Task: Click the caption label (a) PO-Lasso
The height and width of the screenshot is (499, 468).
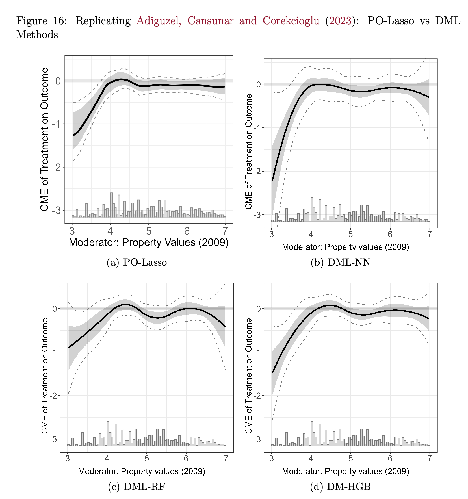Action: [x=137, y=262]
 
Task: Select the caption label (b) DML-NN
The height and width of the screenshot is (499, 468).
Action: [x=341, y=262]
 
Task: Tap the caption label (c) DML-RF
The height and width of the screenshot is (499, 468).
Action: [x=137, y=487]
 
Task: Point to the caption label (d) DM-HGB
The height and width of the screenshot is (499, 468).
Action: [x=340, y=487]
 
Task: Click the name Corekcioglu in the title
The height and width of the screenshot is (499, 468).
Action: [x=291, y=21]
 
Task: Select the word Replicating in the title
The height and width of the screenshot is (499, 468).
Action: [x=103, y=21]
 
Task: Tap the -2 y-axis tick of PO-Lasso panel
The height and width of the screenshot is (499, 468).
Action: [x=58, y=167]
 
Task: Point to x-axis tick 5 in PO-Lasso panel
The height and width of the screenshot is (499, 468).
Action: [x=149, y=231]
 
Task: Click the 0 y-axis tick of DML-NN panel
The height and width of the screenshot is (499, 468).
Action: [x=258, y=84]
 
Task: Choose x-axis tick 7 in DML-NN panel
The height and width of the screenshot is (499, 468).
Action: [x=430, y=234]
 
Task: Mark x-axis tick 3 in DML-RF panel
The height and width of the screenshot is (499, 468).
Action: [x=68, y=459]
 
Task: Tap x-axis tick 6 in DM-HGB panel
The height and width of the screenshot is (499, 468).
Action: [x=390, y=459]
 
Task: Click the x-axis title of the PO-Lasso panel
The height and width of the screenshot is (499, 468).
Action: [x=149, y=242]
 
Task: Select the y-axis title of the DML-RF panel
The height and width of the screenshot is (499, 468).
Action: [x=45, y=376]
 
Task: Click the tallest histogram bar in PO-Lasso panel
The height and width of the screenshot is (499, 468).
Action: [x=111, y=205]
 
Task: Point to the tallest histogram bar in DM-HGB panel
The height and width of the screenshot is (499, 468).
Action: [x=312, y=433]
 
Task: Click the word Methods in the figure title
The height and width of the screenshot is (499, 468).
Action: [x=37, y=35]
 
